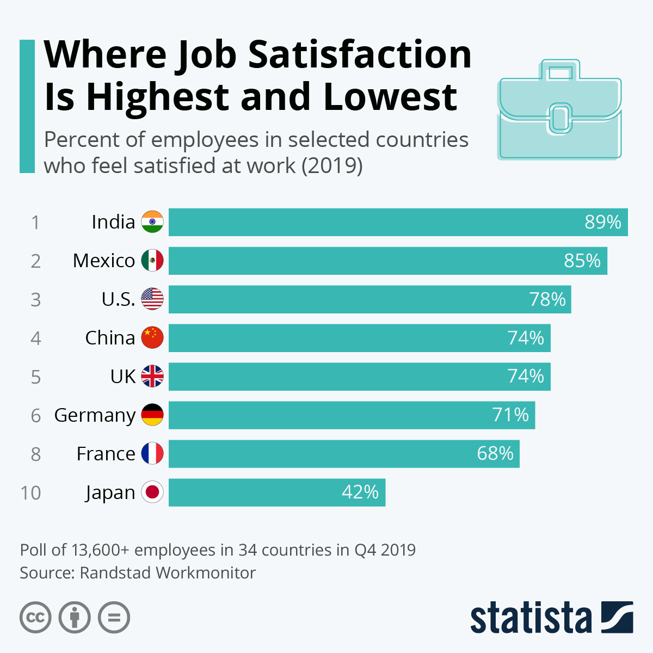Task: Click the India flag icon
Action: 152,222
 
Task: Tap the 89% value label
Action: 603,222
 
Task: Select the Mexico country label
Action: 104,261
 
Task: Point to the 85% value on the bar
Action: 582,261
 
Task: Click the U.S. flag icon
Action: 152,299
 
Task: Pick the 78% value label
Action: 547,299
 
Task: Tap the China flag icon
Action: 152,338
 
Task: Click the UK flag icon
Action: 152,377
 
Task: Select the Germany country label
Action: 95,415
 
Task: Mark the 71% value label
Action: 510,415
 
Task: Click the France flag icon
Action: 152,454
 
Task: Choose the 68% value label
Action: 495,454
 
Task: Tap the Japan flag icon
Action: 152,492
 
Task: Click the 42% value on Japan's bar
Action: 360,492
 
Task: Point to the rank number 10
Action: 30,493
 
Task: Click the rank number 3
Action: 35,300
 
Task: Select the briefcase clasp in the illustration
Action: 559,118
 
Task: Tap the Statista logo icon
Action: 617,617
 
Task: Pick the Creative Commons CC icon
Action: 35,618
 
